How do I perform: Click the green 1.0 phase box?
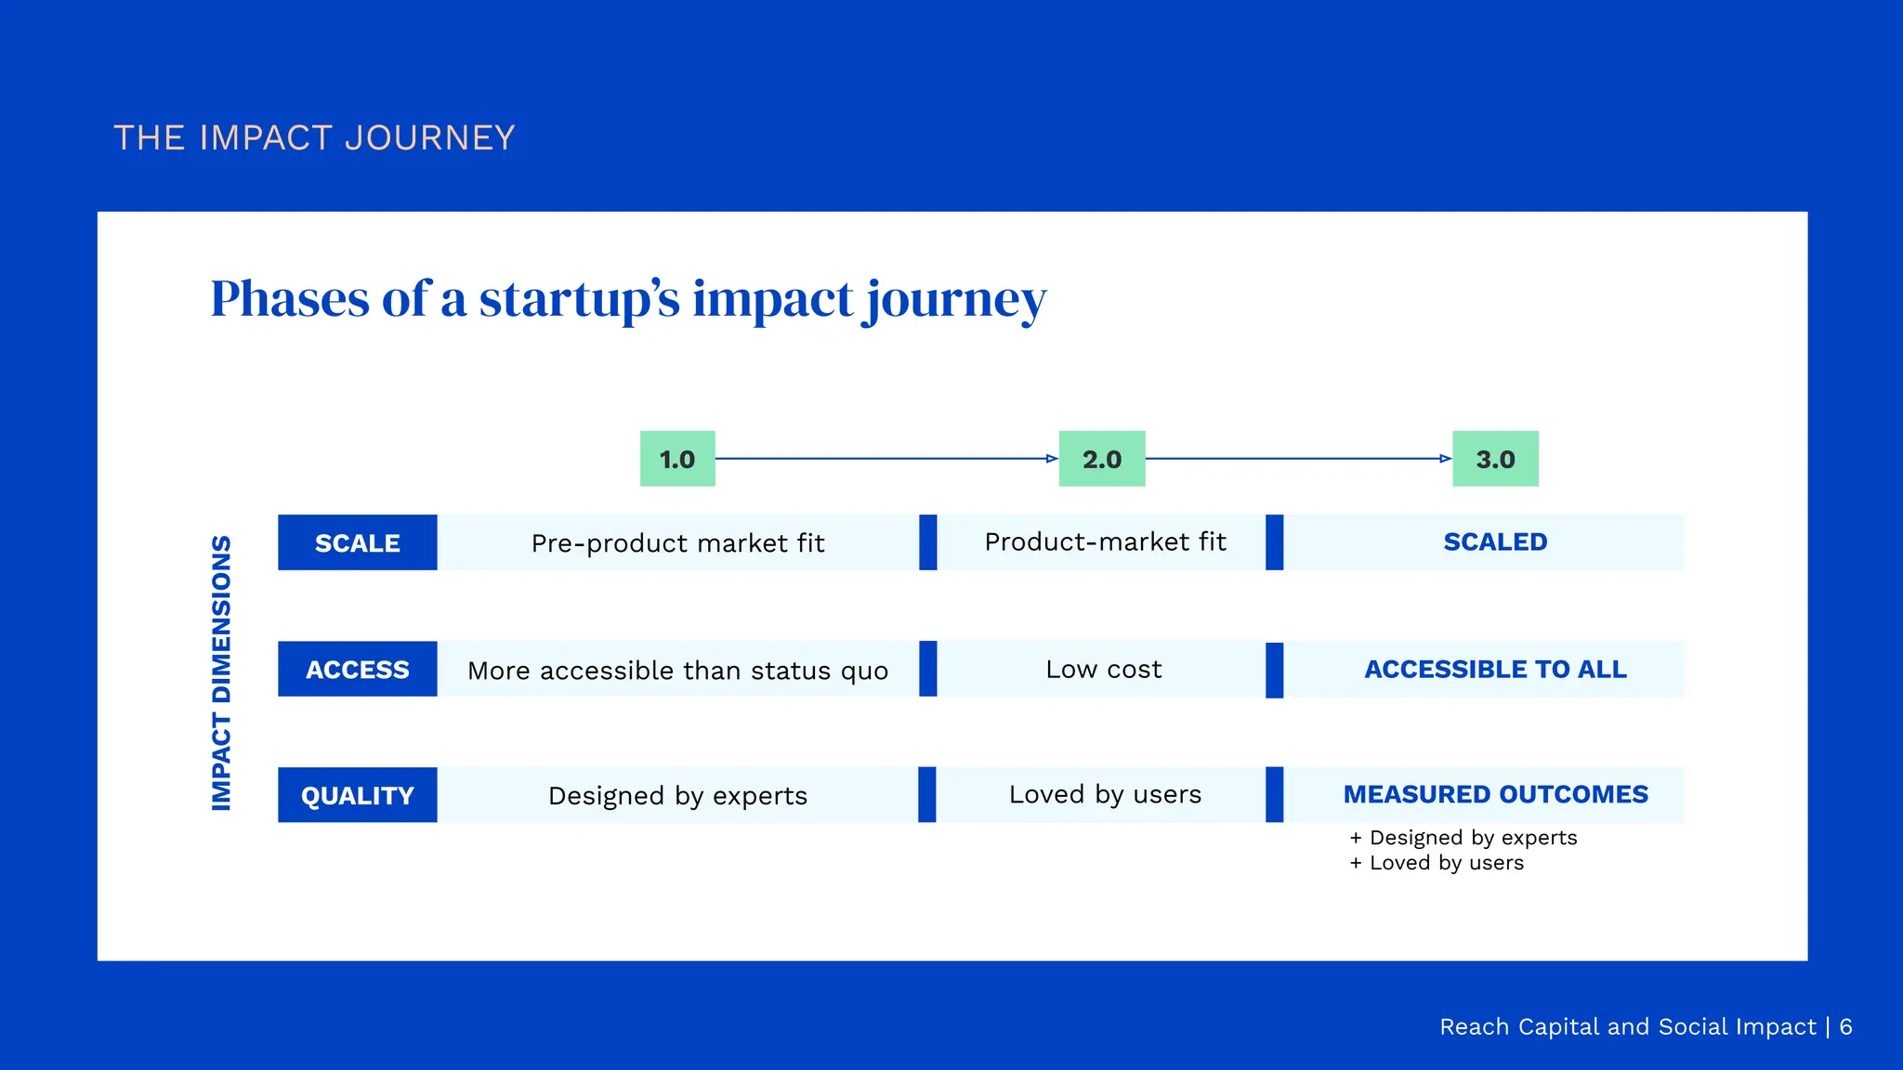[x=677, y=459]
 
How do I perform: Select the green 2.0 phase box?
[x=1102, y=459]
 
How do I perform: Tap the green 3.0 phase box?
[x=1495, y=459]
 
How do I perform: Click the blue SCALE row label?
[x=357, y=542]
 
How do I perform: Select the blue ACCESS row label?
[x=357, y=669]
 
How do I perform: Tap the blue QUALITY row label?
[x=357, y=795]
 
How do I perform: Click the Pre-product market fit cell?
[x=677, y=542]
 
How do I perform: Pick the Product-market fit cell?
[x=1105, y=542]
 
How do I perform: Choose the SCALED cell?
[x=1495, y=542]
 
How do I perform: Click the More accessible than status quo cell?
[x=677, y=670]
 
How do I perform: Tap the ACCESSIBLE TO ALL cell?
[x=1495, y=669]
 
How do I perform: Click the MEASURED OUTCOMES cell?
[x=1495, y=794]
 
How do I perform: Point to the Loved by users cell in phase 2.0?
[x=1105, y=794]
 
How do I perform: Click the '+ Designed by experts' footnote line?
[x=1463, y=838]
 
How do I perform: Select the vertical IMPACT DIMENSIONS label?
[x=221, y=672]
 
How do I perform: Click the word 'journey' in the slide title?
[x=956, y=300]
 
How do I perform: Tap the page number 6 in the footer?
[x=1845, y=1026]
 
